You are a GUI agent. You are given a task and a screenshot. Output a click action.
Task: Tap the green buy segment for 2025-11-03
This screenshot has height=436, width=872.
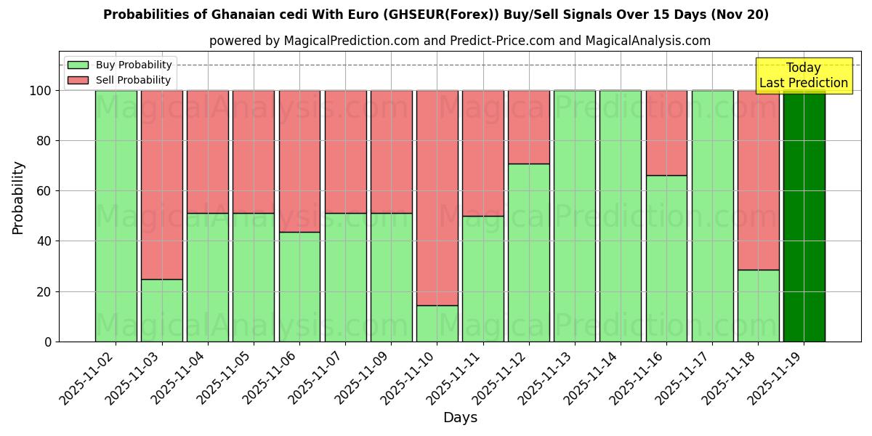162,310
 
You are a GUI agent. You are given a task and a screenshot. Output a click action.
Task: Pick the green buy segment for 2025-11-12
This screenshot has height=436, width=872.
529,252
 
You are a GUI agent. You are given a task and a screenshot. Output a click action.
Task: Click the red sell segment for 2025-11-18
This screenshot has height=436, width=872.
758,179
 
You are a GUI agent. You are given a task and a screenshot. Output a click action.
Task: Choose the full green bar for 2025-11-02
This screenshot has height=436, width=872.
116,216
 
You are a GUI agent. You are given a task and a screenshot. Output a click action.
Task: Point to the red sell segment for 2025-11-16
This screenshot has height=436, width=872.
666,132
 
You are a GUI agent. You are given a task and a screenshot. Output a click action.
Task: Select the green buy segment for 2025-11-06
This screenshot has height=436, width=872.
299,286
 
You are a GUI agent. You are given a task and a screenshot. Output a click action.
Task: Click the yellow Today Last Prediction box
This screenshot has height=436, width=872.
803,76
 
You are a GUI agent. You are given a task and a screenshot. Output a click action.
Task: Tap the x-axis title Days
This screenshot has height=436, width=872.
460,418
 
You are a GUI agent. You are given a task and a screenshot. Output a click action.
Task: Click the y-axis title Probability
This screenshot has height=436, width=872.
18,198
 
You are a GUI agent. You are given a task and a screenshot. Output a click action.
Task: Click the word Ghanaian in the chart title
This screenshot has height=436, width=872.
241,15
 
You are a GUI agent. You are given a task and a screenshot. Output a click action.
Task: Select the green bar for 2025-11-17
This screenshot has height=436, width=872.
712,216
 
